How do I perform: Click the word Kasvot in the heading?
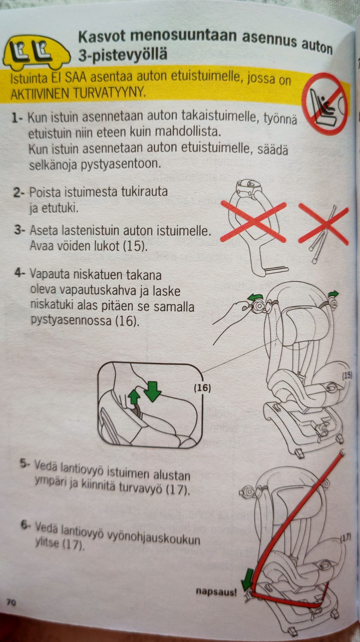tap(102, 36)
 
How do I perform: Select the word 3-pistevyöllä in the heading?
tap(123, 55)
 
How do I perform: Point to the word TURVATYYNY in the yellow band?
tap(109, 93)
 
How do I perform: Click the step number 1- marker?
tap(17, 118)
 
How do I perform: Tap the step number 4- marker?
tap(20, 273)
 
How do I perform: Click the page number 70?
tap(11, 602)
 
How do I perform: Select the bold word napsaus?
tap(216, 591)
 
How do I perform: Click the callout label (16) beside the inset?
tap(202, 388)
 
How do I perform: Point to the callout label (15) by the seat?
tap(347, 375)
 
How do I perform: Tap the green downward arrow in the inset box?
tap(152, 392)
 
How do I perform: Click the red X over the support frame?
tap(253, 222)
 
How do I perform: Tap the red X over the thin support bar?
tap(324, 223)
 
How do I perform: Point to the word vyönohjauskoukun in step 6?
tap(153, 537)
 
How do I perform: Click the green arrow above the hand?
tap(256, 297)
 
